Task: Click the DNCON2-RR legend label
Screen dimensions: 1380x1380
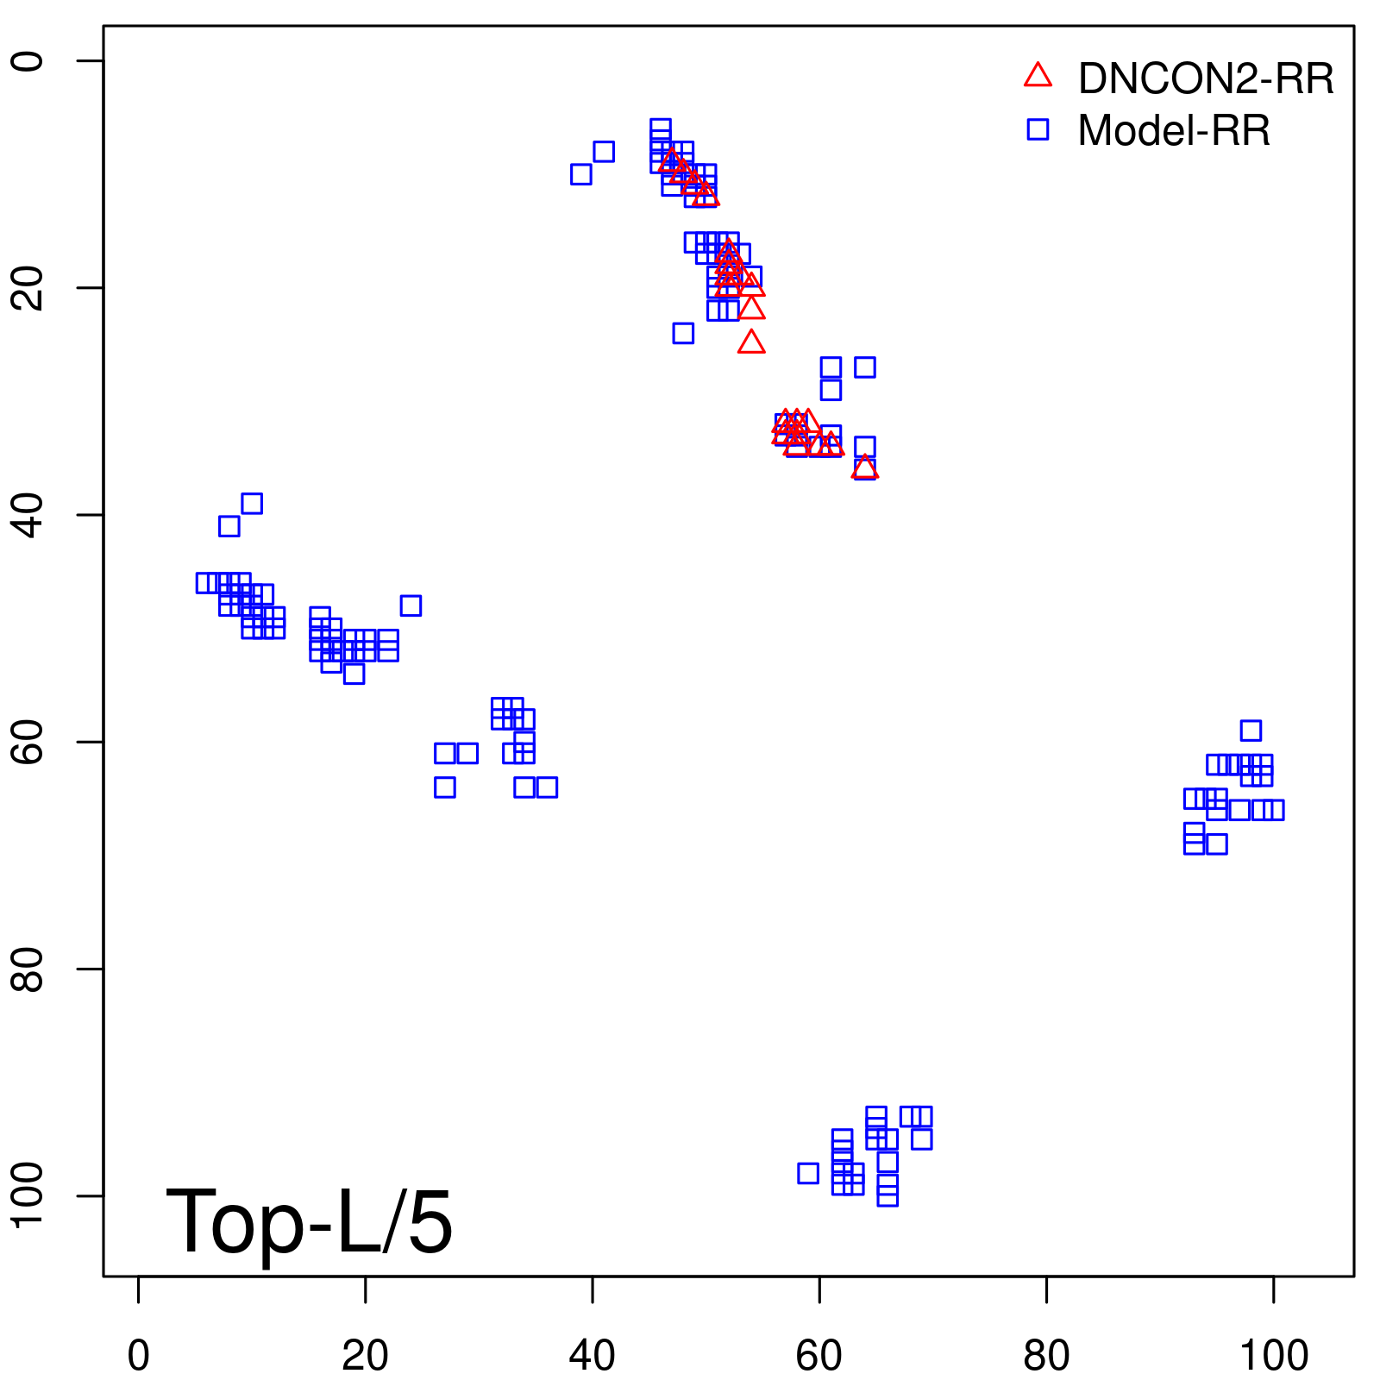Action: pyautogui.click(x=1205, y=79)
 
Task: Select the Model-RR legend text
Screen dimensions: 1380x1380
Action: pyautogui.click(x=1173, y=131)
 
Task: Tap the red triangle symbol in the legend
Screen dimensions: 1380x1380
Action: pyautogui.click(x=1038, y=76)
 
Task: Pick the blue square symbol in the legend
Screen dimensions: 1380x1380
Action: pyautogui.click(x=1038, y=129)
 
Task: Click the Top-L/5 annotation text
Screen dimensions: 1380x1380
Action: pyautogui.click(x=309, y=1222)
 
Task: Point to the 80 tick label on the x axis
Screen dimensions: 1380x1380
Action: pyautogui.click(x=1046, y=1356)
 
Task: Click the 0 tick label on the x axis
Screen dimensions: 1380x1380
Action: pyautogui.click(x=138, y=1356)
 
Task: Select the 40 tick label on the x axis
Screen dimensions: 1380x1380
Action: pyautogui.click(x=593, y=1356)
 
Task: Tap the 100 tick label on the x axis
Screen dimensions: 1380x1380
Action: pyautogui.click(x=1273, y=1356)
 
